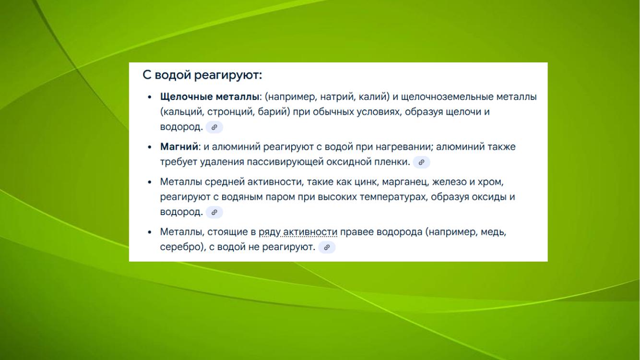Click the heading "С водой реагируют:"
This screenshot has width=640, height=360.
point(202,75)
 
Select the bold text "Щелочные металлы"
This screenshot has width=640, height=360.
point(210,97)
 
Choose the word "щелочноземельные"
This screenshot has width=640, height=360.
point(447,97)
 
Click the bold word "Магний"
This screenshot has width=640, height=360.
point(179,147)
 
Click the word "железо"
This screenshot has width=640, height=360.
point(449,182)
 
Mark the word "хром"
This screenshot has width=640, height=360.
point(490,182)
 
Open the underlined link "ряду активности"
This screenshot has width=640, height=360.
point(298,232)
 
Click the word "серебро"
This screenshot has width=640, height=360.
point(181,247)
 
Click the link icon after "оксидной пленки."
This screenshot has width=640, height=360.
point(421,162)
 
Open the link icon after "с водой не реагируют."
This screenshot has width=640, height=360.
point(327,247)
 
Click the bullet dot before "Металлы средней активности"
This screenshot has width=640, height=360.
point(149,182)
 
